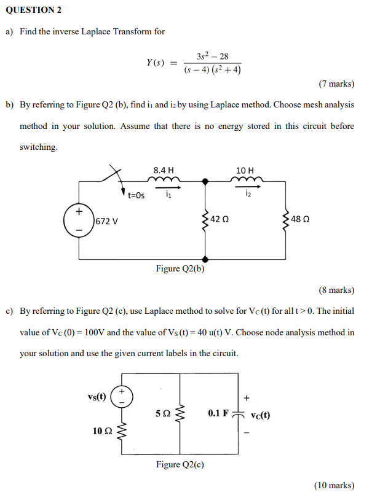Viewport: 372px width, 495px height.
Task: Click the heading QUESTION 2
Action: point(36,10)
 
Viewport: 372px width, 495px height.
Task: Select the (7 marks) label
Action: point(336,84)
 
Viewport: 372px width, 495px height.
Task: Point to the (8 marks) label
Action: point(336,289)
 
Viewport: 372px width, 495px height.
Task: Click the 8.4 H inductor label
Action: point(164,170)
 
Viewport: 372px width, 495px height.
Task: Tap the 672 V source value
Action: point(106,220)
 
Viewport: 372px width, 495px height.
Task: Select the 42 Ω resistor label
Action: point(221,219)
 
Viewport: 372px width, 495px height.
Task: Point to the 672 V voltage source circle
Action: point(78,221)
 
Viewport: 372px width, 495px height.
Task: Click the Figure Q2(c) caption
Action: point(180,464)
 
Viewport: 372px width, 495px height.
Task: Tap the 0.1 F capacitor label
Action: point(218,413)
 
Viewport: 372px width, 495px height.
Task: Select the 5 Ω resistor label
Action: point(162,413)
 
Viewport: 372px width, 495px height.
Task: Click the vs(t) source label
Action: point(96,396)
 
